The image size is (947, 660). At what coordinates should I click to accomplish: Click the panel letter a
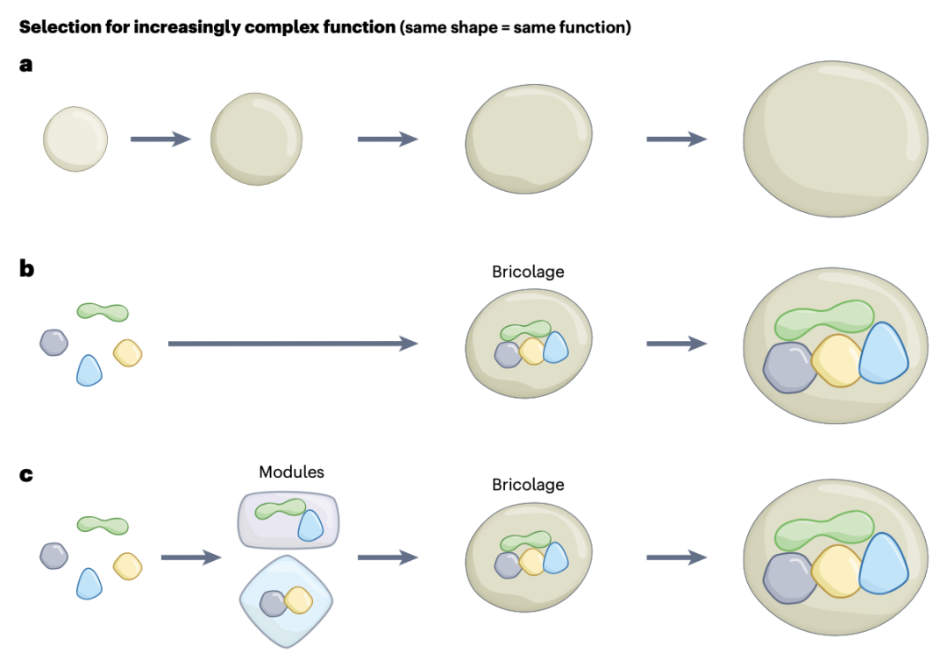coord(26,64)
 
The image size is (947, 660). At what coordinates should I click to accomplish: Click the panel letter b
coord(27,268)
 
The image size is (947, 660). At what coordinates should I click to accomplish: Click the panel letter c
coord(26,474)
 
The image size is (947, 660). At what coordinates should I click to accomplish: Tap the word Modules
coord(291,472)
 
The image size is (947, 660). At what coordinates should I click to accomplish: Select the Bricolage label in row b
coord(528,272)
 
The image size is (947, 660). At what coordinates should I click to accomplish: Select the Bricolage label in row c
coord(528,485)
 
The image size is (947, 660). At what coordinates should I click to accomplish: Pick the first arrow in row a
coord(160,138)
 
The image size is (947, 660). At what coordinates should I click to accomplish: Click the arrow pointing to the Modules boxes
coord(190,557)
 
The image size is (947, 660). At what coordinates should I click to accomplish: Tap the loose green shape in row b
coord(103,311)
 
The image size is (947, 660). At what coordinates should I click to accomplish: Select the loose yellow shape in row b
coord(128,352)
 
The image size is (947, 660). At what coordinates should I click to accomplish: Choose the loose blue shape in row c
coord(89,583)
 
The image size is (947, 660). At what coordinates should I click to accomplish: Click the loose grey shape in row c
coord(54,555)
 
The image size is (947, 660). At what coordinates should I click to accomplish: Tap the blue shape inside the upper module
coord(310,526)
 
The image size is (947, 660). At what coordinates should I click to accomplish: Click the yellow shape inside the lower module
coord(298,600)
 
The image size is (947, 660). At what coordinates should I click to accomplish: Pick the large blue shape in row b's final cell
coord(883,354)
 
